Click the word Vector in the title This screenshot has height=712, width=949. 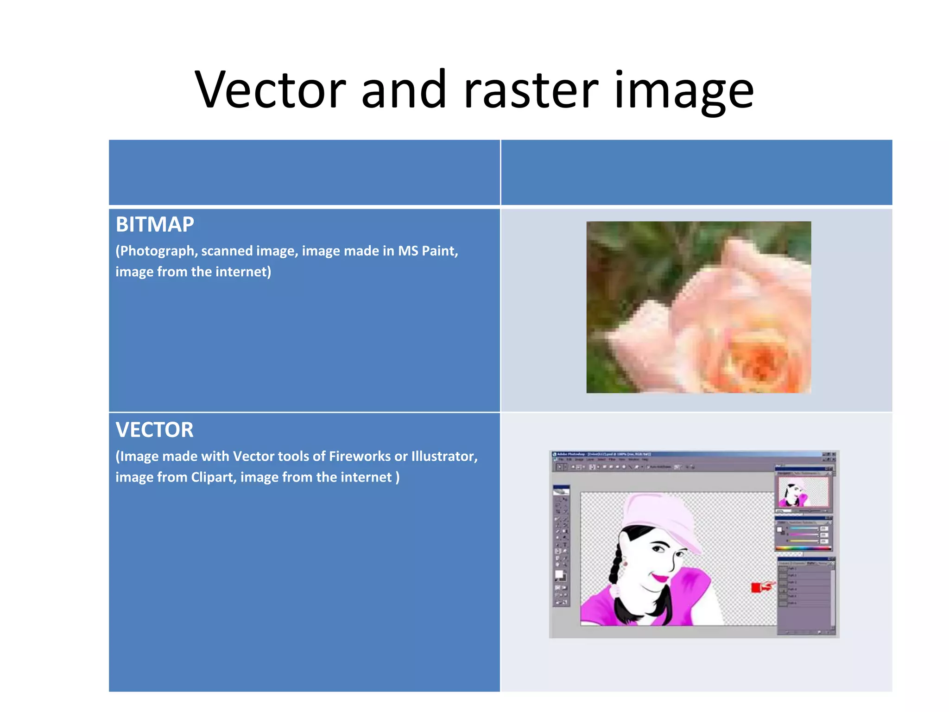(x=270, y=89)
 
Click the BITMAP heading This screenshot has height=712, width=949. (x=155, y=224)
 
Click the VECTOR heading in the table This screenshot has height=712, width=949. (x=154, y=430)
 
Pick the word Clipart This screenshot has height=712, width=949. (x=213, y=477)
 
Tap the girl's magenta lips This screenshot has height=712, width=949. (x=660, y=578)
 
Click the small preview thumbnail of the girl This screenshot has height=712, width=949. (x=803, y=492)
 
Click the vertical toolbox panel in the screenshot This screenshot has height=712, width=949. (x=561, y=547)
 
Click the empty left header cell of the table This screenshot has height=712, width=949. (x=304, y=172)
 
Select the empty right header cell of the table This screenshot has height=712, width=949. (x=696, y=172)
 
